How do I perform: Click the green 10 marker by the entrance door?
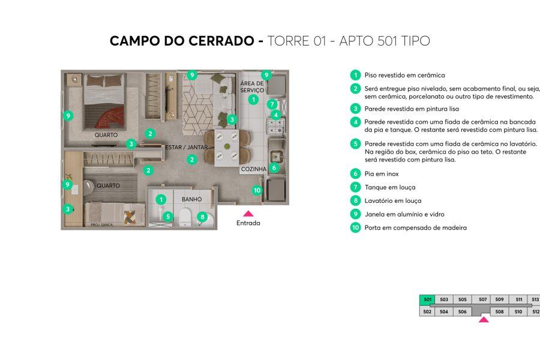pos(257,191)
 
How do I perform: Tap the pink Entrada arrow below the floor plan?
pos(248,212)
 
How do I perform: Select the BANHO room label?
pos(191,199)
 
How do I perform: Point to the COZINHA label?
pos(253,169)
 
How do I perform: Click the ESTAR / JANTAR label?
pos(187,147)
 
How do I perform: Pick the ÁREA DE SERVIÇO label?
pos(252,86)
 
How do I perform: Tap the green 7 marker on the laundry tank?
pos(272,104)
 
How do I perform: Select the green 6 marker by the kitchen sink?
pos(274,168)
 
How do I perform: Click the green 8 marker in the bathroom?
pos(203,217)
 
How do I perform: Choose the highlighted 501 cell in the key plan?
pos(427,299)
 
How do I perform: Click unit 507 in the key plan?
pos(482,299)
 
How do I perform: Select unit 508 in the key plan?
pos(499,311)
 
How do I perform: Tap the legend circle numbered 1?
pos(356,75)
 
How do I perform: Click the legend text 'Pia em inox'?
pos(381,174)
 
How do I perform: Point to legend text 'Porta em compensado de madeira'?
pos(415,228)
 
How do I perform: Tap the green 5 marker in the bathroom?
pos(169,217)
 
